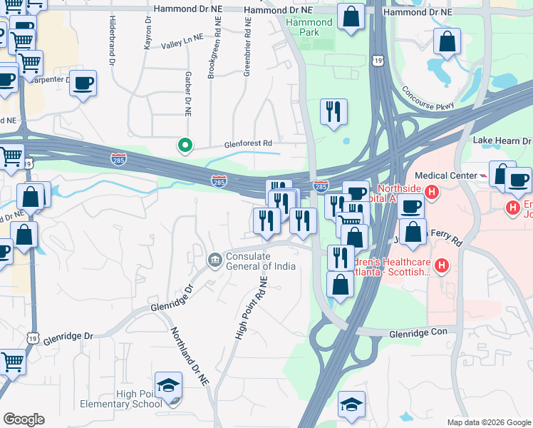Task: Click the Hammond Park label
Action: (x=309, y=28)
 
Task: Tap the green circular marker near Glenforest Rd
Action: (x=185, y=146)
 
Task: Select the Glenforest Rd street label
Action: (x=249, y=143)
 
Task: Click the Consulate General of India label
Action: (x=260, y=262)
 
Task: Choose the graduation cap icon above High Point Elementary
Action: (x=169, y=386)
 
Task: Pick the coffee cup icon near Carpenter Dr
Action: (x=83, y=83)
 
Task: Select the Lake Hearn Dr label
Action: (x=502, y=142)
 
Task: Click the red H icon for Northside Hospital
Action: (x=430, y=191)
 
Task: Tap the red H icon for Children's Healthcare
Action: (x=442, y=267)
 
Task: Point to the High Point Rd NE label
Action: (x=249, y=308)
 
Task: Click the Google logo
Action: (x=24, y=419)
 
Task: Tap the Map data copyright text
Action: (x=488, y=422)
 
